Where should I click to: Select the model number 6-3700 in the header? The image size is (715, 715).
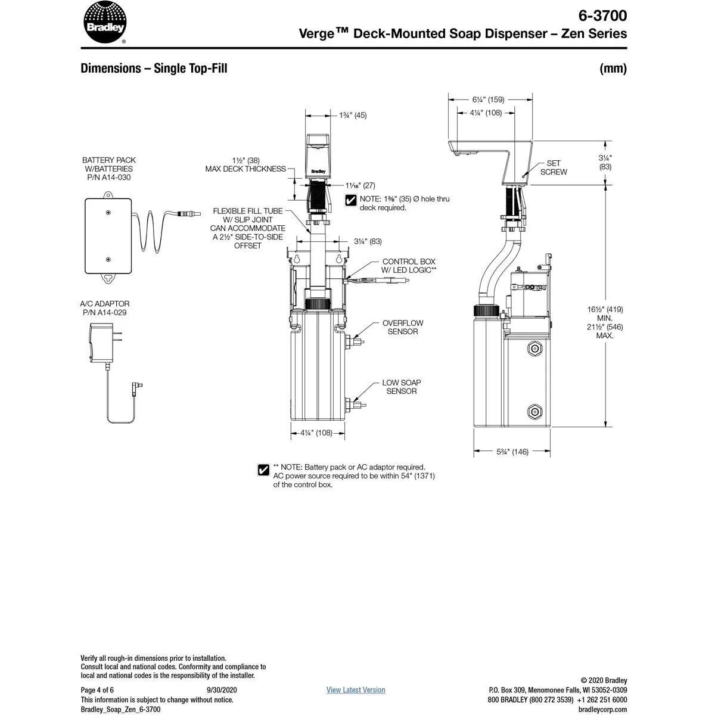click(x=603, y=15)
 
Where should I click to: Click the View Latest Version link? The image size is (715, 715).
click(x=356, y=690)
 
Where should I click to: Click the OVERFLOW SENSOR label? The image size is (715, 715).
click(x=403, y=327)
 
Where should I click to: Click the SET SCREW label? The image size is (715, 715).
click(x=554, y=167)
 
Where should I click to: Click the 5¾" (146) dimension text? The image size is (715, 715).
click(x=512, y=452)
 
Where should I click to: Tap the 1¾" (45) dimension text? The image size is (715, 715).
click(x=353, y=115)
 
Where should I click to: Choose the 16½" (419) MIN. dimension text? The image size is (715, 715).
click(x=605, y=313)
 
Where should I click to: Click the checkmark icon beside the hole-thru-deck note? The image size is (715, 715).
click(x=351, y=200)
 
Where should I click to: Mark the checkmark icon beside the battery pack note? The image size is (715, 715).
click(x=263, y=470)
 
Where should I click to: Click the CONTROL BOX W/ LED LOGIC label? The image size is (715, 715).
click(x=409, y=265)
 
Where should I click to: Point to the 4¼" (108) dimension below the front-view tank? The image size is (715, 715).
click(x=316, y=433)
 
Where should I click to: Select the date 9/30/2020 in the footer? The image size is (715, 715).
click(x=217, y=690)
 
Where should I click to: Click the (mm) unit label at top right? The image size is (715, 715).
click(x=613, y=69)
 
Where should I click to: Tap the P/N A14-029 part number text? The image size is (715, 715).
click(x=104, y=312)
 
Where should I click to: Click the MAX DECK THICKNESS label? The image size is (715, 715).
click(x=245, y=169)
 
